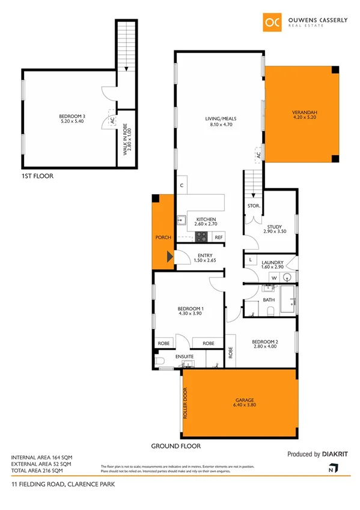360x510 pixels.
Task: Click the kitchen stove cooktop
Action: coord(201,237)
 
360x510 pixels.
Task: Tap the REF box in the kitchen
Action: coord(218,238)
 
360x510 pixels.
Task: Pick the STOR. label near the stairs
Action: coord(253,206)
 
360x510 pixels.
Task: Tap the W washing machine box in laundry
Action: coord(273,277)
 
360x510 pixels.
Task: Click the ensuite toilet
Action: coord(159,361)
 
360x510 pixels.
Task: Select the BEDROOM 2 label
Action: coord(265,342)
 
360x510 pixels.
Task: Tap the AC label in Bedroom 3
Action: coord(112,120)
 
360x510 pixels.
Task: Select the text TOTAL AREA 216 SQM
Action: coord(41,472)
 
